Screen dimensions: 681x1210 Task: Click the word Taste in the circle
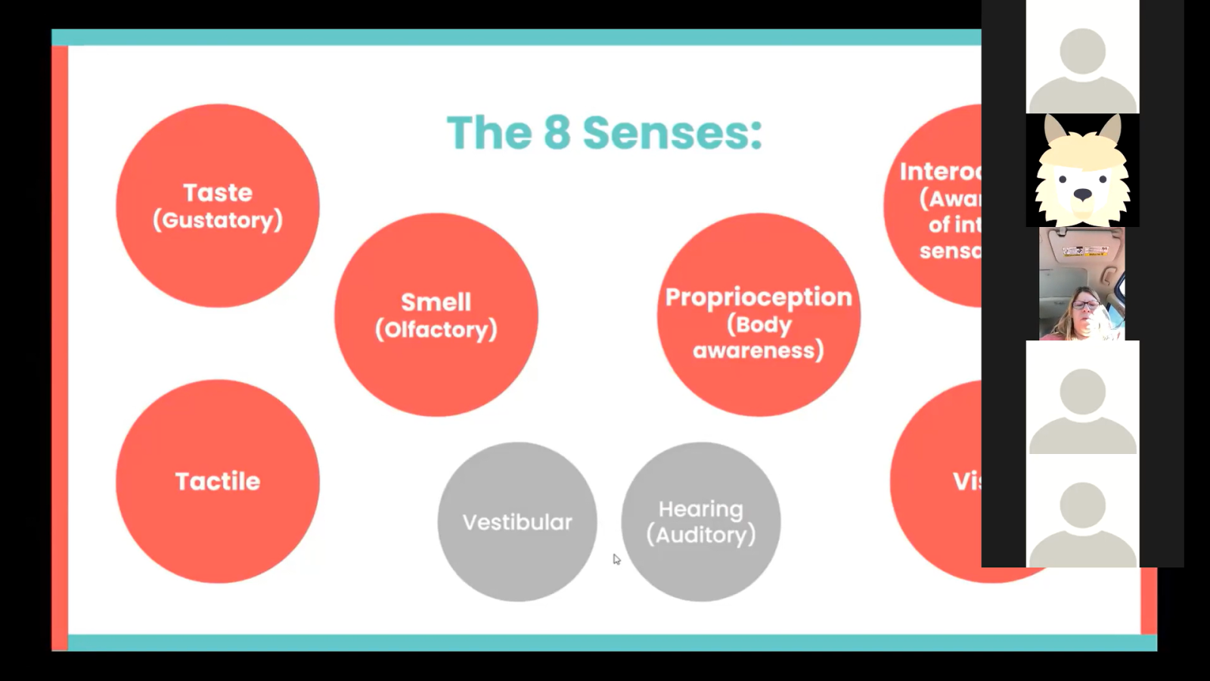coord(218,193)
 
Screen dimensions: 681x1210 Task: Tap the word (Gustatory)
coord(218,220)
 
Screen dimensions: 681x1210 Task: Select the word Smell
coord(436,302)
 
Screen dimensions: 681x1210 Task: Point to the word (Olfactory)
coord(436,329)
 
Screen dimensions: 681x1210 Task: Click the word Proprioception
coord(759,297)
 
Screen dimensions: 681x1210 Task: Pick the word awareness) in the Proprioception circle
coord(759,350)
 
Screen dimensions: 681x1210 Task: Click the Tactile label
coord(218,481)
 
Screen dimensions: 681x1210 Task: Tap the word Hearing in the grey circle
coord(700,509)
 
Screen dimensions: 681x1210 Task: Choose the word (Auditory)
coord(701,535)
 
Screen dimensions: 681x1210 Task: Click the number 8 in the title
coord(557,132)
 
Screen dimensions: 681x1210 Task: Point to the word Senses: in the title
coord(672,132)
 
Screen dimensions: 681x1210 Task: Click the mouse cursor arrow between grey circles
coord(616,559)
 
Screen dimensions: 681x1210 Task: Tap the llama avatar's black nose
coord(1083,194)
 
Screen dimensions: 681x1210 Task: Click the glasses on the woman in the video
coord(1086,305)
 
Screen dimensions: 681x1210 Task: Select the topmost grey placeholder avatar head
coord(1083,51)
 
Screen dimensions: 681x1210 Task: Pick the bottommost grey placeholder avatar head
coord(1083,505)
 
